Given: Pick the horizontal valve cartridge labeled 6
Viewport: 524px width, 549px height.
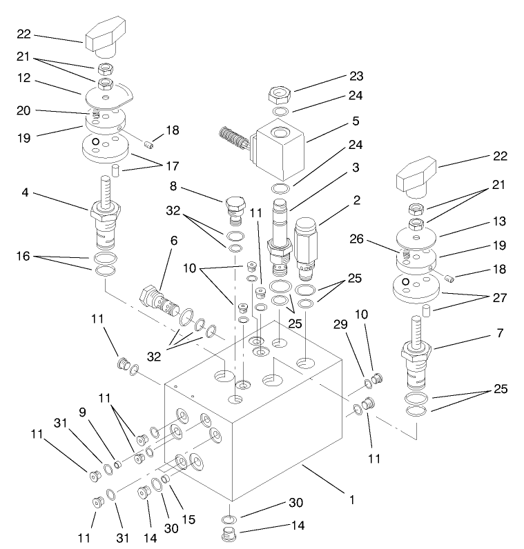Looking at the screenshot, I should (x=161, y=299).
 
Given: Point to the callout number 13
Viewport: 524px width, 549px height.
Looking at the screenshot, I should (x=499, y=221).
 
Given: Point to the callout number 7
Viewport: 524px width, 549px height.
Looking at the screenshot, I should (x=499, y=333).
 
